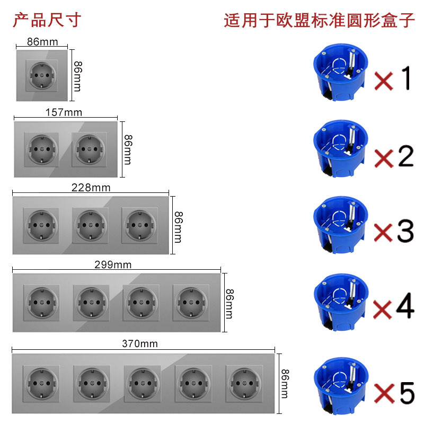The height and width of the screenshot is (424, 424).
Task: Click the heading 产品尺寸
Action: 47,20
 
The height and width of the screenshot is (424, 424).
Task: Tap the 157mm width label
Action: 65,112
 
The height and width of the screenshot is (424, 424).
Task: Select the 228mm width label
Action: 91,188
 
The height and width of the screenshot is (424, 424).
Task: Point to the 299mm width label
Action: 112,265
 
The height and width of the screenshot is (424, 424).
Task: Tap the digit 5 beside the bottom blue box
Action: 404,392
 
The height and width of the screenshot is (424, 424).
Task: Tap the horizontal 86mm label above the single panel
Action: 42,42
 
